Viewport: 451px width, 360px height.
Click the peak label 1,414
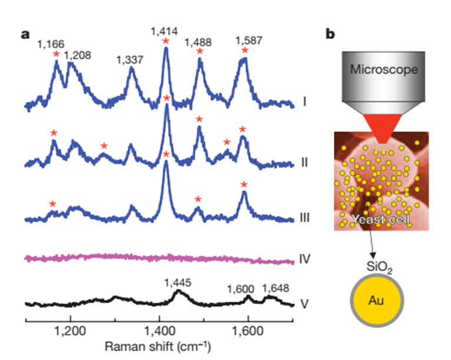pyautogui.click(x=165, y=30)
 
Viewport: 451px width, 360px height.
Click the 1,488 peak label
pyautogui.click(x=198, y=43)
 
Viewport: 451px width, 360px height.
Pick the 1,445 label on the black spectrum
pyautogui.click(x=178, y=283)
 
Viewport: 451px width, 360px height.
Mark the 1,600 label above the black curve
pyautogui.click(x=241, y=289)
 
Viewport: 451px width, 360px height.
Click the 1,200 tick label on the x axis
pyautogui.click(x=71, y=331)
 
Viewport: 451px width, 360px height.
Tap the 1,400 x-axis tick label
pyautogui.click(x=159, y=331)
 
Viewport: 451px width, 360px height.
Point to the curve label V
pyautogui.click(x=304, y=305)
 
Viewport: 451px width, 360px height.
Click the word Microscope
pyautogui.click(x=384, y=70)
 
